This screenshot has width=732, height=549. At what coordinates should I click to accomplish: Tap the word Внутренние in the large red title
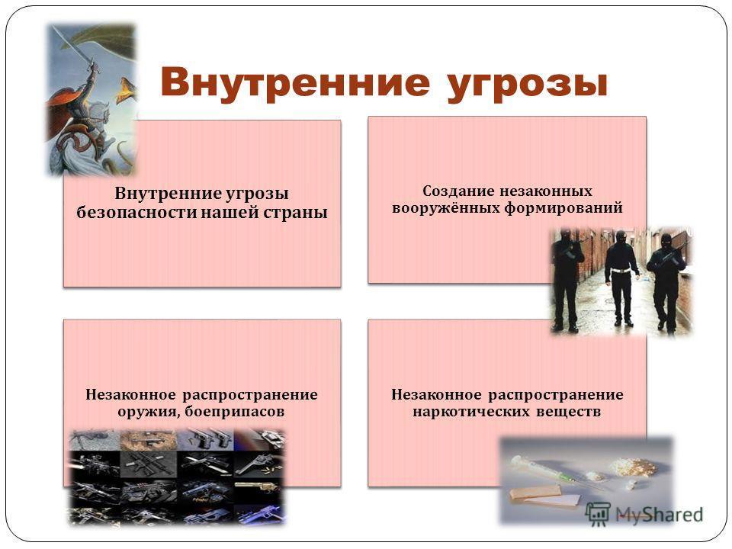(295, 82)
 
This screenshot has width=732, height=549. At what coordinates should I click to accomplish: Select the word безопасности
(136, 213)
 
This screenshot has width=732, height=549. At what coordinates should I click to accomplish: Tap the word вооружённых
(446, 207)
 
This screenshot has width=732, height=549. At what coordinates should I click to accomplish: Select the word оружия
(149, 412)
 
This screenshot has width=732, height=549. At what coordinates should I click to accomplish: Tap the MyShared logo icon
(598, 515)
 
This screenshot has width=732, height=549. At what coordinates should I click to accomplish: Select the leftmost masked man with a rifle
(567, 280)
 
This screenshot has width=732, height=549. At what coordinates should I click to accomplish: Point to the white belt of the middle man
(621, 270)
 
